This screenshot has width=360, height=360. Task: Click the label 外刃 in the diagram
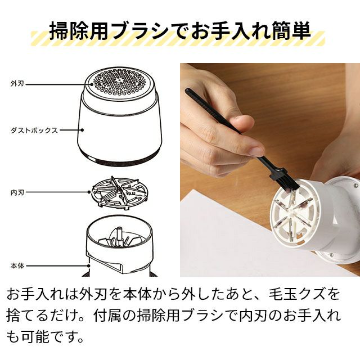17,84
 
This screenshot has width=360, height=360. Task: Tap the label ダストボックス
34,130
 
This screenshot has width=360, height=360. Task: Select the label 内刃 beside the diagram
17,192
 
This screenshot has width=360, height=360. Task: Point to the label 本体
17,266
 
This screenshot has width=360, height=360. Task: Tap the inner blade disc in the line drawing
119,192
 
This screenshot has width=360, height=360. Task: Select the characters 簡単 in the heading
291,31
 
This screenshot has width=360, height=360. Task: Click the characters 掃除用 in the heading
79,31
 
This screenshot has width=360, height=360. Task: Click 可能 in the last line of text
35,337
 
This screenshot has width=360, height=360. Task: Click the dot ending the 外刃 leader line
92,84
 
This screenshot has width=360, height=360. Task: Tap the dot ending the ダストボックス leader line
82,130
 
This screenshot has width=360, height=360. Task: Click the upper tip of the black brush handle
187,90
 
